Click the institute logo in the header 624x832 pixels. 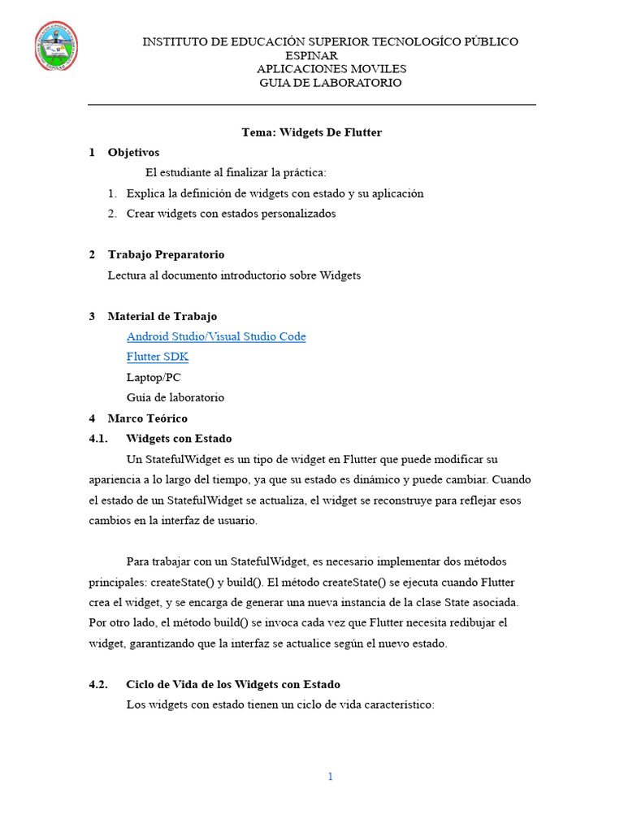coord(56,46)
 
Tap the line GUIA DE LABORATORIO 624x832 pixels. coord(330,83)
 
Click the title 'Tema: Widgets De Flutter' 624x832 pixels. coord(311,132)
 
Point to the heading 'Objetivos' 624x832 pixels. coord(133,152)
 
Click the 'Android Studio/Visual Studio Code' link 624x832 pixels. coord(216,336)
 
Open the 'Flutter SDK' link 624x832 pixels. coord(158,357)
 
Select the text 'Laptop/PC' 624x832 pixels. coord(154,377)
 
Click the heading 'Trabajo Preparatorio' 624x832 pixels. coord(166,254)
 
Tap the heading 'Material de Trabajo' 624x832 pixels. coord(162,316)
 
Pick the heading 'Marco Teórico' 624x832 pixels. coord(148,418)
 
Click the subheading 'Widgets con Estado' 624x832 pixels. coord(179,439)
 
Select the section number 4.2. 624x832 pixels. coord(97,684)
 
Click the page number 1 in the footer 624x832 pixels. coord(330,777)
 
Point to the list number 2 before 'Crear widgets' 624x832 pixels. coord(112,214)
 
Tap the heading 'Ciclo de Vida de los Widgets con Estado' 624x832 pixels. coord(233,684)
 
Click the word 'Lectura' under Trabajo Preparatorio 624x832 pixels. coord(128,275)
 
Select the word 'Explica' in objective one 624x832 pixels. coord(145,193)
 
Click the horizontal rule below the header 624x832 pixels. coord(312,105)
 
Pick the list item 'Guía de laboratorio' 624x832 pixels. coord(175,398)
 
